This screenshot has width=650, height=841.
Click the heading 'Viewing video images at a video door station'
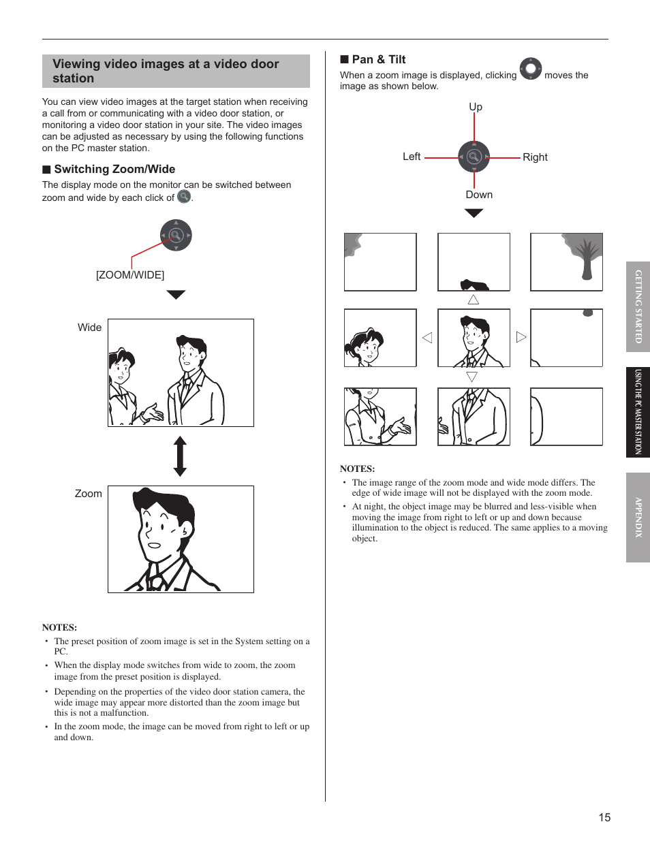point(166,71)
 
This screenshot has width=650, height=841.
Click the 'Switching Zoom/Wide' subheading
point(114,169)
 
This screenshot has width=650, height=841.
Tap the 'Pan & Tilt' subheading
point(378,59)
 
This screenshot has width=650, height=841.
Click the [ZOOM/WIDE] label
point(130,274)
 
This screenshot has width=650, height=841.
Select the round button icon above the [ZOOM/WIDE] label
point(176,236)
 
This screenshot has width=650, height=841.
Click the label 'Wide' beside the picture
point(89,328)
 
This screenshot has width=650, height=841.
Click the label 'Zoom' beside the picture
point(89,494)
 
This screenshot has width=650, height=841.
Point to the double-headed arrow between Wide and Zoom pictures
point(180,456)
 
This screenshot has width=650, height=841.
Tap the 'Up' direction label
point(476,107)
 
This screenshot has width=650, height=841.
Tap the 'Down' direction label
point(479,195)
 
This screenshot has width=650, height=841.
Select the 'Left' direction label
point(412,157)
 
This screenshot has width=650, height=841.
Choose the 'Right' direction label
point(535,157)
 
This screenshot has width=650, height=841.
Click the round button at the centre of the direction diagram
point(474,157)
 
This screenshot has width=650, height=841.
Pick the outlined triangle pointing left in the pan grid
point(427,338)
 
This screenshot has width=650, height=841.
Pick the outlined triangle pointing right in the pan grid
point(521,337)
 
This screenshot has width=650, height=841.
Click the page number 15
point(604,817)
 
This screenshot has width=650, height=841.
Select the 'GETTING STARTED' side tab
point(638,306)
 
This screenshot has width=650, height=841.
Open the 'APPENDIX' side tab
point(638,518)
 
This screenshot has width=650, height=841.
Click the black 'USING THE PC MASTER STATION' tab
point(638,412)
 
